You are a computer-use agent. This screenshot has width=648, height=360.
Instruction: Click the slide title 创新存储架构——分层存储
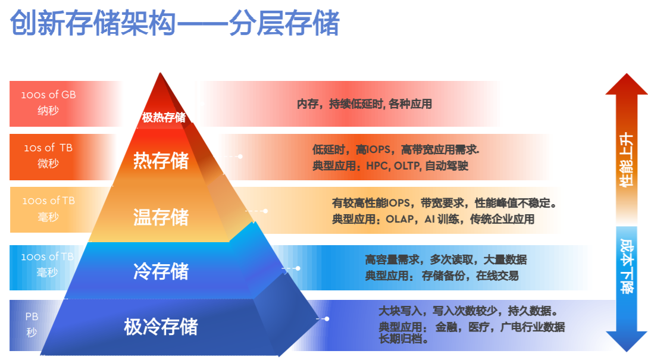[x=174, y=23]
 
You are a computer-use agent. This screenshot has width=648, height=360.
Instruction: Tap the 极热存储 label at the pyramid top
[x=164, y=117]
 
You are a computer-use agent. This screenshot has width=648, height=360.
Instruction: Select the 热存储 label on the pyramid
[x=161, y=161]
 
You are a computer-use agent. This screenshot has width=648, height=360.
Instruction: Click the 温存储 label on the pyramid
[x=161, y=217]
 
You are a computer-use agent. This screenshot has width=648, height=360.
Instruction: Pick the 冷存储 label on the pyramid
[x=161, y=271]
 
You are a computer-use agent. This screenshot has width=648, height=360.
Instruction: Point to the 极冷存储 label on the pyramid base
[x=161, y=327]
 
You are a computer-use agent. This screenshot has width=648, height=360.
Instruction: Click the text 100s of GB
[x=48, y=95]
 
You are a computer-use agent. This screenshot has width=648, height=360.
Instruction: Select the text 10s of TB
[x=48, y=148]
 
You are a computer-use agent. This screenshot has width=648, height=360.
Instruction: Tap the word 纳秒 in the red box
[x=48, y=110]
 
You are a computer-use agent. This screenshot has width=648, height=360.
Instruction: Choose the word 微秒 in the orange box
[x=48, y=163]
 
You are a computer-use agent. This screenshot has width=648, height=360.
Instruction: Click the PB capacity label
[x=32, y=317]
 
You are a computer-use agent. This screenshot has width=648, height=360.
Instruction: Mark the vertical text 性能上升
[x=626, y=159]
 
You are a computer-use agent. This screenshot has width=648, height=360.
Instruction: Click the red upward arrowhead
[x=627, y=84]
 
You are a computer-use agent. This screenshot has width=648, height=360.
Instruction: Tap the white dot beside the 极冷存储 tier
[x=327, y=319]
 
